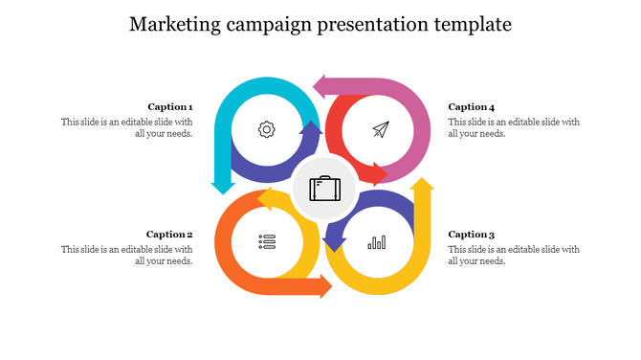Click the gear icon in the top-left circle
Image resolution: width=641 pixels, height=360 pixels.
click(267, 129)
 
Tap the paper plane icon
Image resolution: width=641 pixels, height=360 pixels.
click(380, 129)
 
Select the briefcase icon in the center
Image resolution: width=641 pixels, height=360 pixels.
click(324, 189)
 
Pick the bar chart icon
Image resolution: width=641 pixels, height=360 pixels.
click(377, 242)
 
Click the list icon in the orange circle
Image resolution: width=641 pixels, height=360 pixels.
click(267, 242)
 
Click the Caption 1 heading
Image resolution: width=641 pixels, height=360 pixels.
click(170, 107)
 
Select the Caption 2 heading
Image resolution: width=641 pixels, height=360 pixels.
click(170, 235)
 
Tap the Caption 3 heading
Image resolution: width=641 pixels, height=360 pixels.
click(472, 235)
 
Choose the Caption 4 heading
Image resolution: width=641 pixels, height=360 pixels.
click(472, 107)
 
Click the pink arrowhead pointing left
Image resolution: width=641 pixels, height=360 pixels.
click(322, 87)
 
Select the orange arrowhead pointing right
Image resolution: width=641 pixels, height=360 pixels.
click(325, 285)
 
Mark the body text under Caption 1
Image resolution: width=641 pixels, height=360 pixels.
click(127, 128)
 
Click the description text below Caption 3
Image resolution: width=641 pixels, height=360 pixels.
click(514, 256)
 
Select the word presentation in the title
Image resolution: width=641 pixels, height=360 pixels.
click(369, 24)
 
